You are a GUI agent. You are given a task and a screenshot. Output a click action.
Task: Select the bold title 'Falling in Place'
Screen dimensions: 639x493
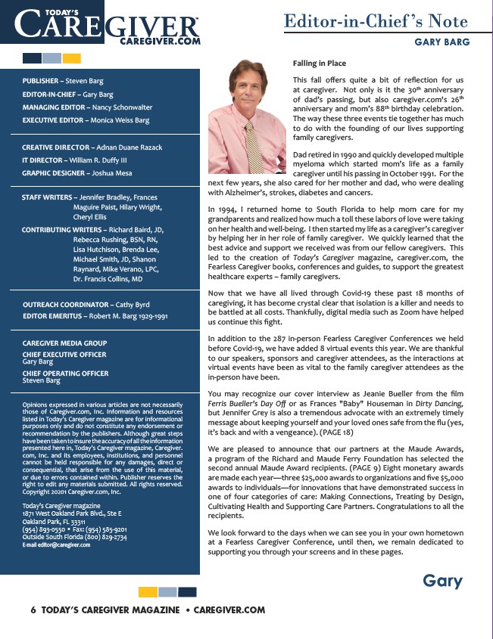click(x=319, y=64)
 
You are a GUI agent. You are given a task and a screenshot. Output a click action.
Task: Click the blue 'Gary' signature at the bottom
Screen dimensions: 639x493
click(x=442, y=581)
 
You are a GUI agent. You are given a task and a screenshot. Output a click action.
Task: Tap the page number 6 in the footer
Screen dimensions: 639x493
click(x=33, y=610)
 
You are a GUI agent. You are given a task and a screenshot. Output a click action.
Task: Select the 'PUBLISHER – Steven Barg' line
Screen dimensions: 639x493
click(x=63, y=81)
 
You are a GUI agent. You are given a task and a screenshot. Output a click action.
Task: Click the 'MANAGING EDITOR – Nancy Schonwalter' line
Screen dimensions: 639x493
click(x=87, y=107)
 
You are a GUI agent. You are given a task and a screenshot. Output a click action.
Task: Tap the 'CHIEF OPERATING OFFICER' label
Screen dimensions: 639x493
click(x=65, y=374)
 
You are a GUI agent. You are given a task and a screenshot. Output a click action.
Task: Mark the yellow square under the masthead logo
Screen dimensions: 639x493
click(x=72, y=58)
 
